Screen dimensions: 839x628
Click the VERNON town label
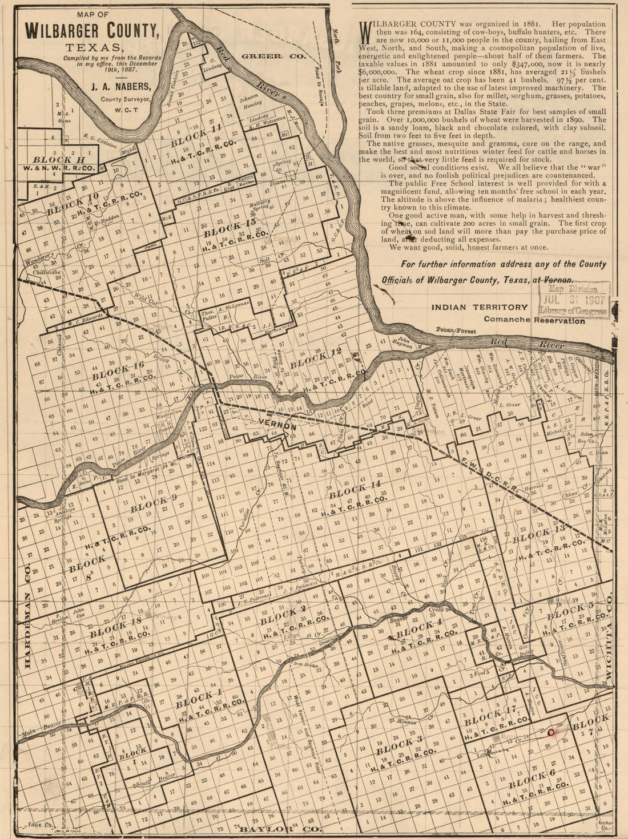[277, 426]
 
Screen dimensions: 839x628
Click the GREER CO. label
[273, 56]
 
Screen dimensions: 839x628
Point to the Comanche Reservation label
[534, 320]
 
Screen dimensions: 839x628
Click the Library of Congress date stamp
[574, 299]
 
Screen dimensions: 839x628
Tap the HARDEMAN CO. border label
[28, 613]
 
